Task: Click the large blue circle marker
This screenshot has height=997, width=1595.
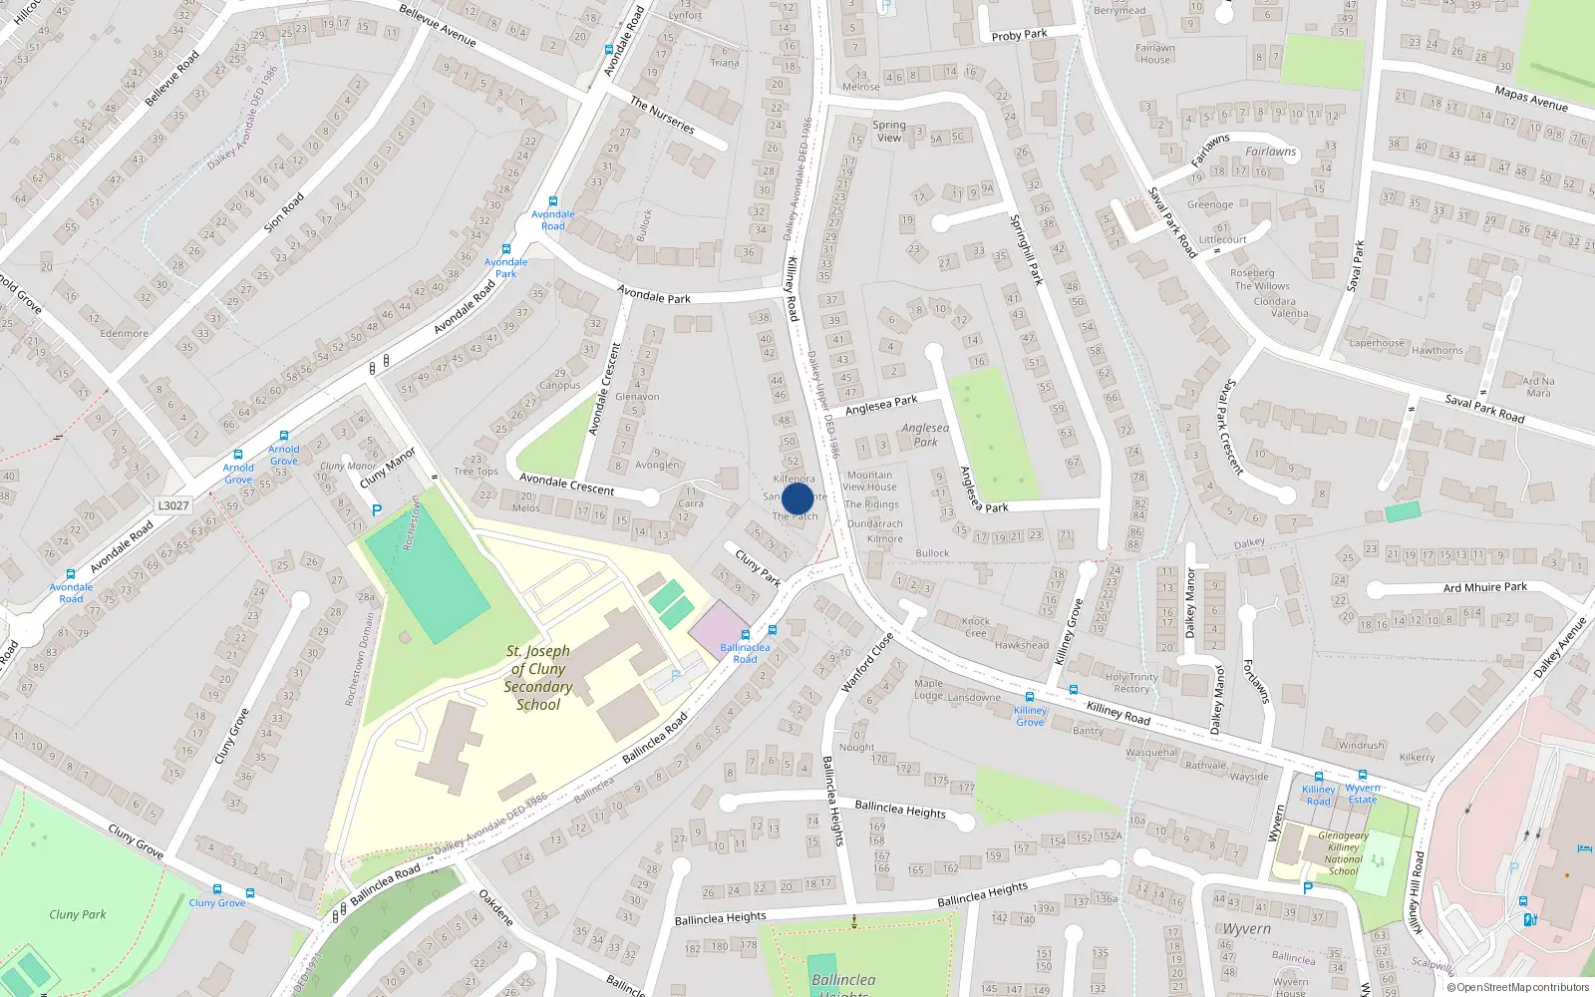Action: click(797, 498)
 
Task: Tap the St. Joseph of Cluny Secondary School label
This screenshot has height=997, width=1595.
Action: click(538, 678)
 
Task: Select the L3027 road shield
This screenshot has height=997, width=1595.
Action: click(173, 505)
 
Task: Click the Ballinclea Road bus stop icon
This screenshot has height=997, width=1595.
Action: click(745, 635)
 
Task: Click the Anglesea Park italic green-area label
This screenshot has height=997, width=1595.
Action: click(925, 435)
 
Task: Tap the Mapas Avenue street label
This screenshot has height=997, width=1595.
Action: click(1530, 99)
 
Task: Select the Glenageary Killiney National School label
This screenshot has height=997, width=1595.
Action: click(1343, 853)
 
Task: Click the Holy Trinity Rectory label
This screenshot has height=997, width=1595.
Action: click(1131, 683)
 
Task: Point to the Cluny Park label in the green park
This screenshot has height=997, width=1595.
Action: click(78, 914)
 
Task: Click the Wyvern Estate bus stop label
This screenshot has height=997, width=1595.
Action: click(1363, 794)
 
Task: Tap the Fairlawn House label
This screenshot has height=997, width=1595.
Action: click(1155, 54)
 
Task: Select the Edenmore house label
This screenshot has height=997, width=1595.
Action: click(124, 334)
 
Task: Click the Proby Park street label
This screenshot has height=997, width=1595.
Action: click(1019, 35)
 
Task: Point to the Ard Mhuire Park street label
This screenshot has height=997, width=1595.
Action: click(1484, 588)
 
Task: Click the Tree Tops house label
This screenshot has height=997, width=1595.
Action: click(476, 472)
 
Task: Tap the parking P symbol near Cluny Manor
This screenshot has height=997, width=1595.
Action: click(377, 510)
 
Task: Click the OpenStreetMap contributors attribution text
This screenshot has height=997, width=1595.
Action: click(1517, 988)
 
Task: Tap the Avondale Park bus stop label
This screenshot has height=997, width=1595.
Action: click(505, 268)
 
